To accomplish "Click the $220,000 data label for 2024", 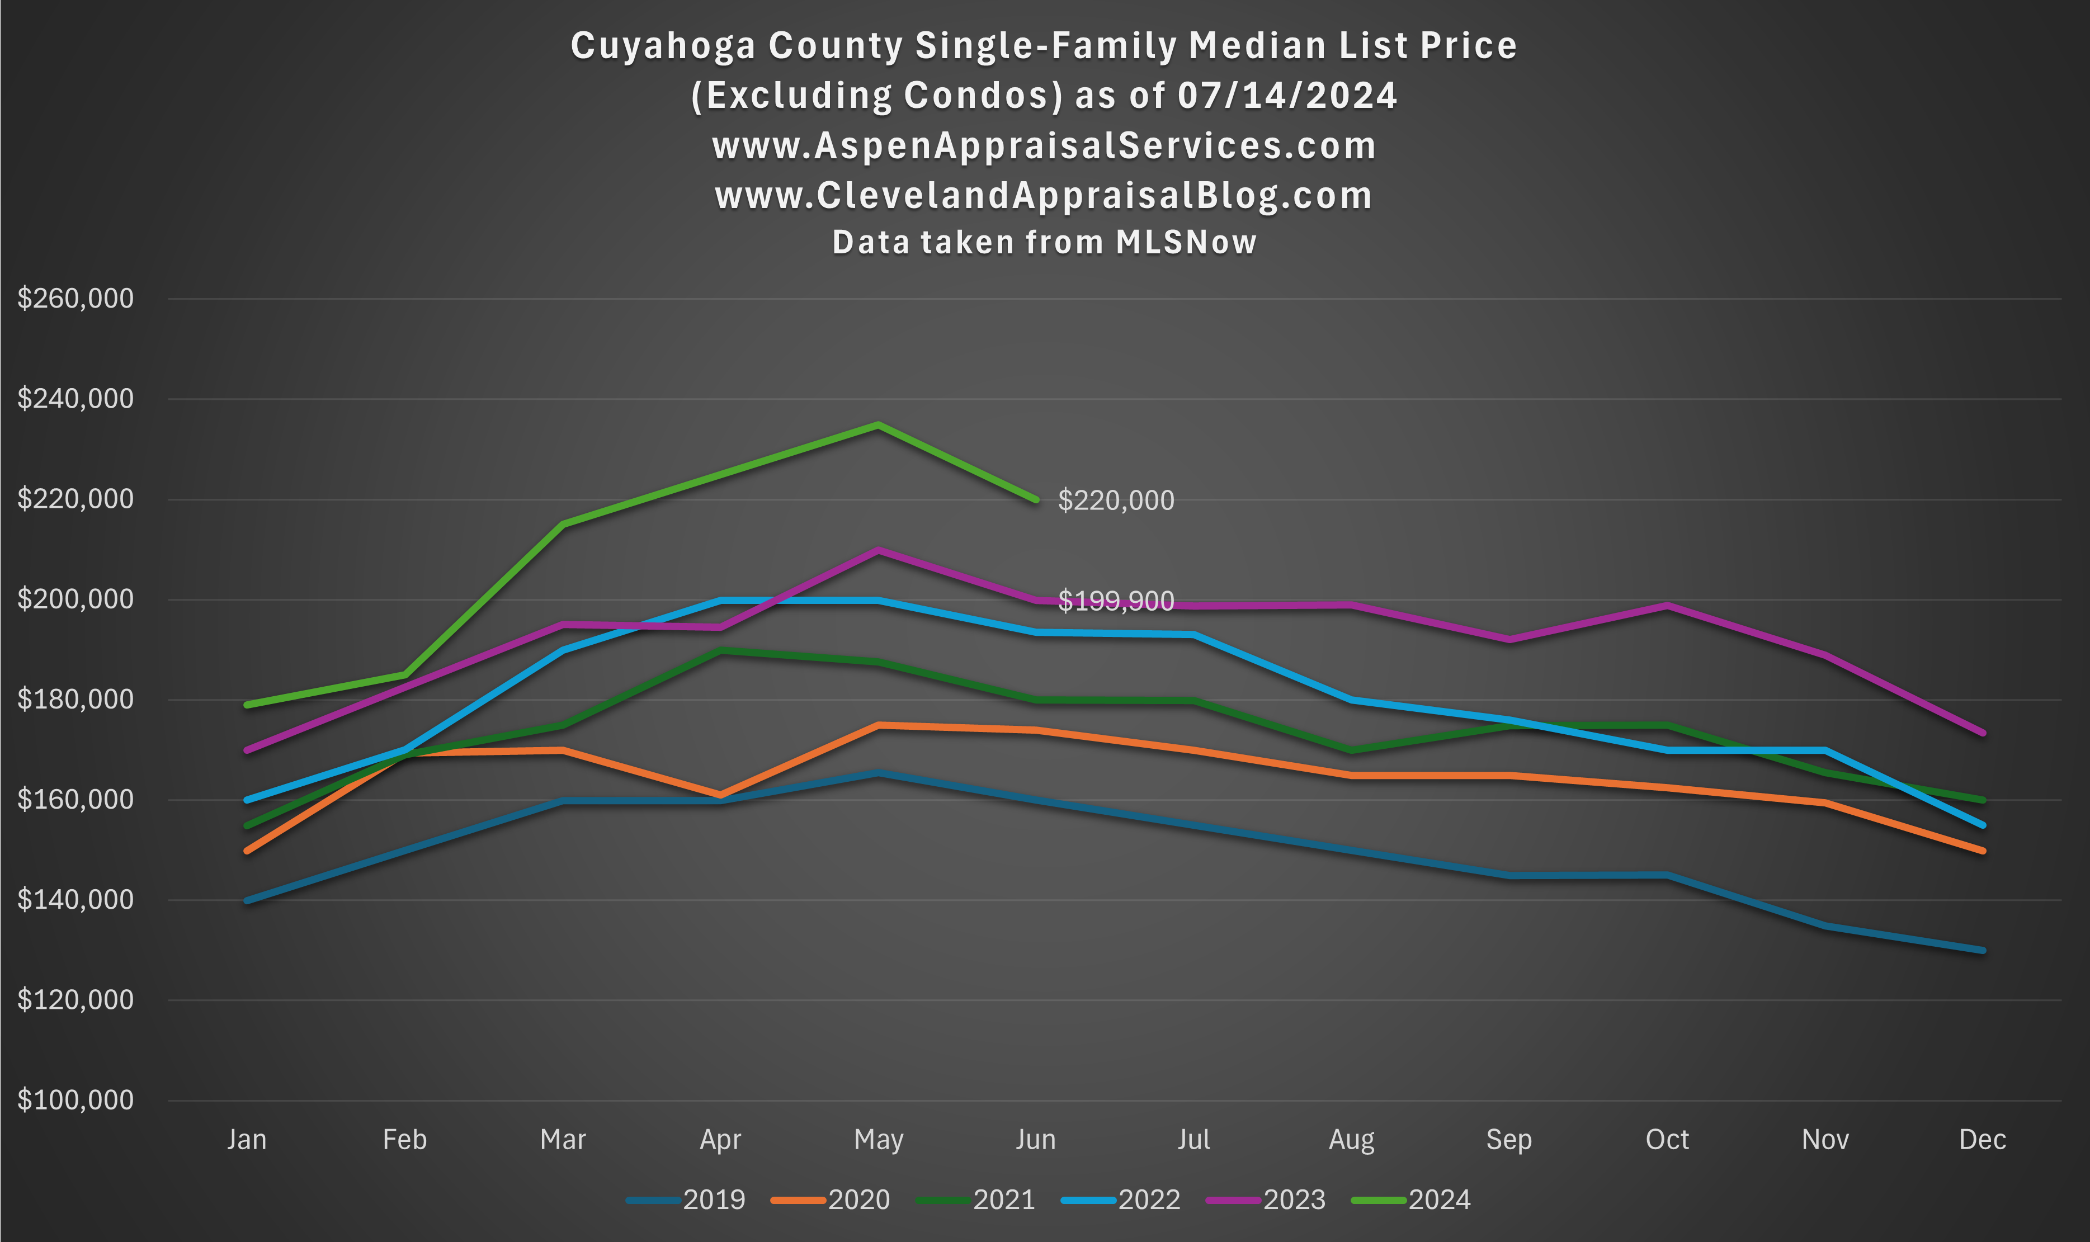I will pyautogui.click(x=1116, y=500).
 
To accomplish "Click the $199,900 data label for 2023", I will pyautogui.click(x=1116, y=601).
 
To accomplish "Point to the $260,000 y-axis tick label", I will pyautogui.click(x=76, y=299).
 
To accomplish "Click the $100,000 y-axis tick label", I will pyautogui.click(x=76, y=1100).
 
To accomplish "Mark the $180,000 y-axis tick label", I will pyautogui.click(x=76, y=699).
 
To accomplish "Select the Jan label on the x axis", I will pyautogui.click(x=247, y=1140).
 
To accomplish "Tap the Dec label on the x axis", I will pyautogui.click(x=1982, y=1140).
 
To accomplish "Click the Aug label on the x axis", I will pyautogui.click(x=1351, y=1140).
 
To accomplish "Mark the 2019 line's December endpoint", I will pyautogui.click(x=1982, y=950).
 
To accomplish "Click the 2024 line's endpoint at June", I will pyautogui.click(x=1036, y=499).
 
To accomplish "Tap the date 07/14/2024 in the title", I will pyautogui.click(x=1286, y=96).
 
